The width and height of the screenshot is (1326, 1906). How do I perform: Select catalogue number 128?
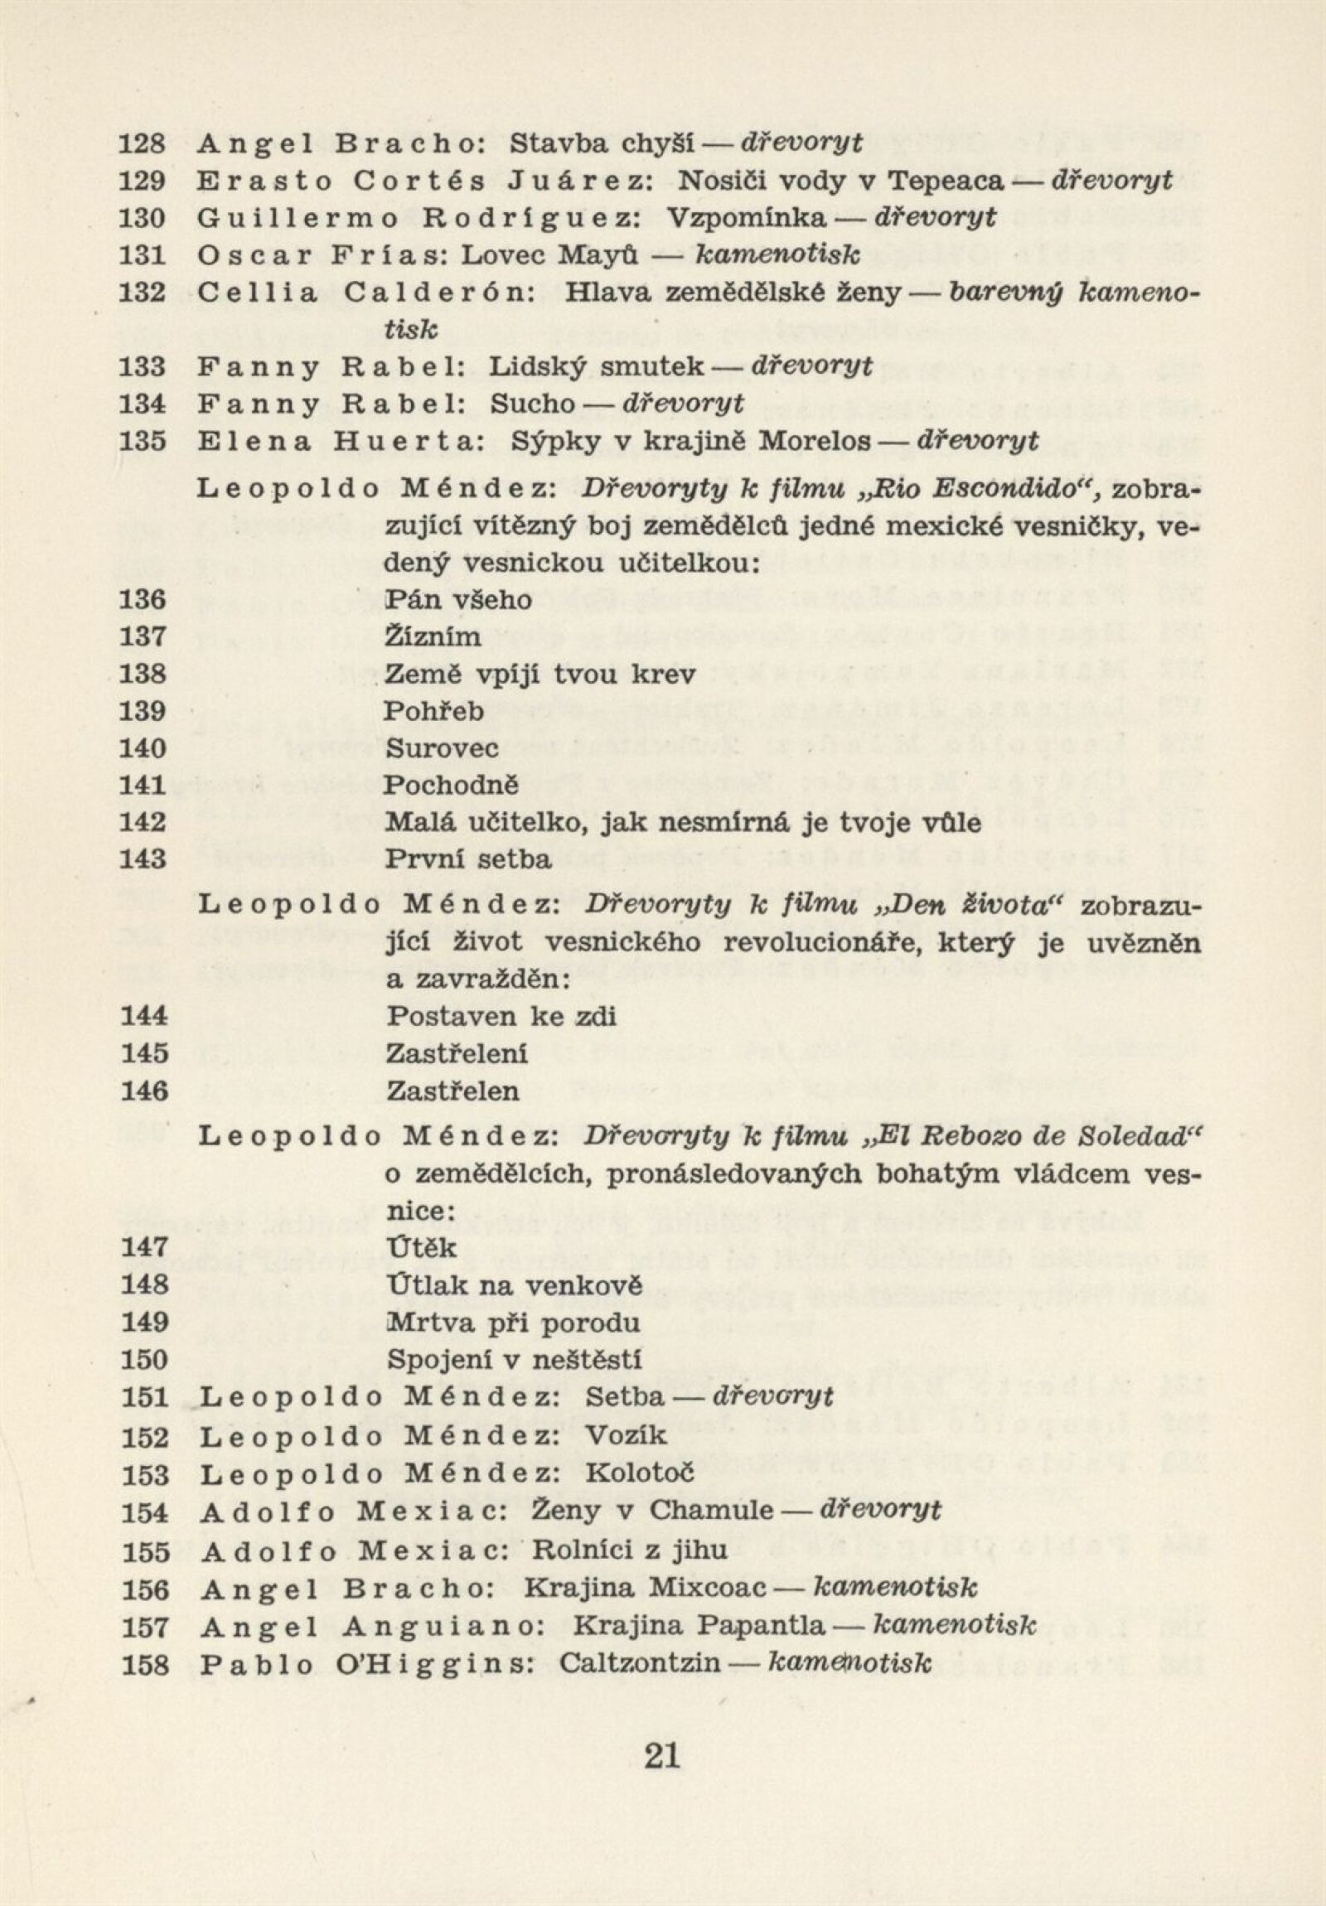point(143,143)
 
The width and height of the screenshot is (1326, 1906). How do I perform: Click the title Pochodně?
point(451,785)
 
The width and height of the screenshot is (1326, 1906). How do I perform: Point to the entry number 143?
point(143,859)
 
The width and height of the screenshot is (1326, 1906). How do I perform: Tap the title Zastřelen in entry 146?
point(452,1091)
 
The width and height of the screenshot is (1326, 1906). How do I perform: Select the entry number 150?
point(144,1360)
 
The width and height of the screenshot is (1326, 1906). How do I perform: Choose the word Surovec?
point(442,748)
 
